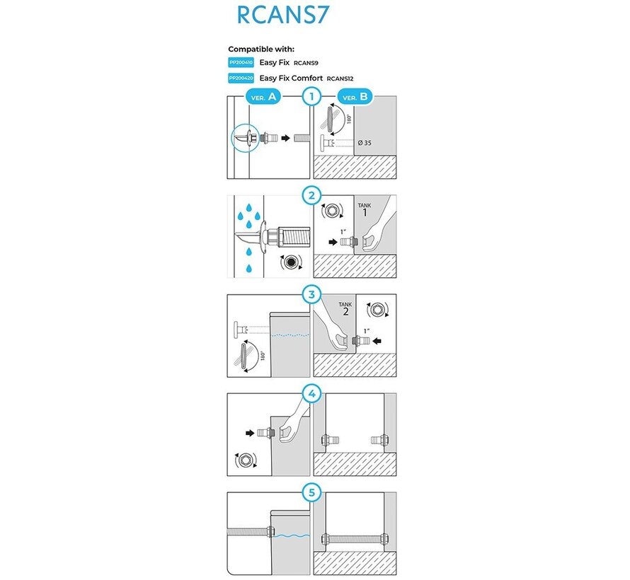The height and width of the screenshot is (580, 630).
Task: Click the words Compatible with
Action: [261, 50]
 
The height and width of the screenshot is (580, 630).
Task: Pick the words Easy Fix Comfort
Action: [291, 79]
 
